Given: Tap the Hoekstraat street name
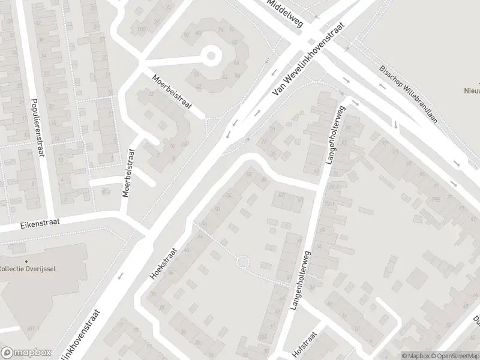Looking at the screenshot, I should pyautogui.click(x=164, y=266).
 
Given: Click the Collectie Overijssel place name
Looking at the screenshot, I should pyautogui.click(x=28, y=268).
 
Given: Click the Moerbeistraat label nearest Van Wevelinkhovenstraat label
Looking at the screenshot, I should pyautogui.click(x=172, y=92).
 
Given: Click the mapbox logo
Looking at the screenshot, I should pyautogui.click(x=25, y=353).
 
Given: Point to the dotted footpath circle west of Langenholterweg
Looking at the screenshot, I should pyautogui.click(x=242, y=262).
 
